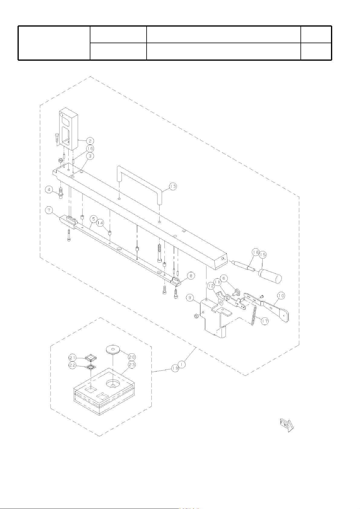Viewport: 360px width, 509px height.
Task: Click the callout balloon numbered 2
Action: coord(90,141)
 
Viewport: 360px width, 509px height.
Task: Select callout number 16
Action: coord(90,149)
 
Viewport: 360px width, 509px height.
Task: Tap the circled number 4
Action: coord(49,189)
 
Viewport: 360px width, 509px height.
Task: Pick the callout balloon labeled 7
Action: coord(49,210)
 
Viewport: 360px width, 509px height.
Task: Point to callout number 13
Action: coord(173,186)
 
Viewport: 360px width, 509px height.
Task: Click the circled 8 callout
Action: coord(191,276)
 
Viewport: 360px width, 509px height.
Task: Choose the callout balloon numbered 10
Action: coord(281,296)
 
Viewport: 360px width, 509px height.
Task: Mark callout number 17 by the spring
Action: coord(265,321)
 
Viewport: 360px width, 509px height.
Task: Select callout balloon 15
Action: coord(263,255)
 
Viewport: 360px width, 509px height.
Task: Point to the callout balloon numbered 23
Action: coord(132,365)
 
